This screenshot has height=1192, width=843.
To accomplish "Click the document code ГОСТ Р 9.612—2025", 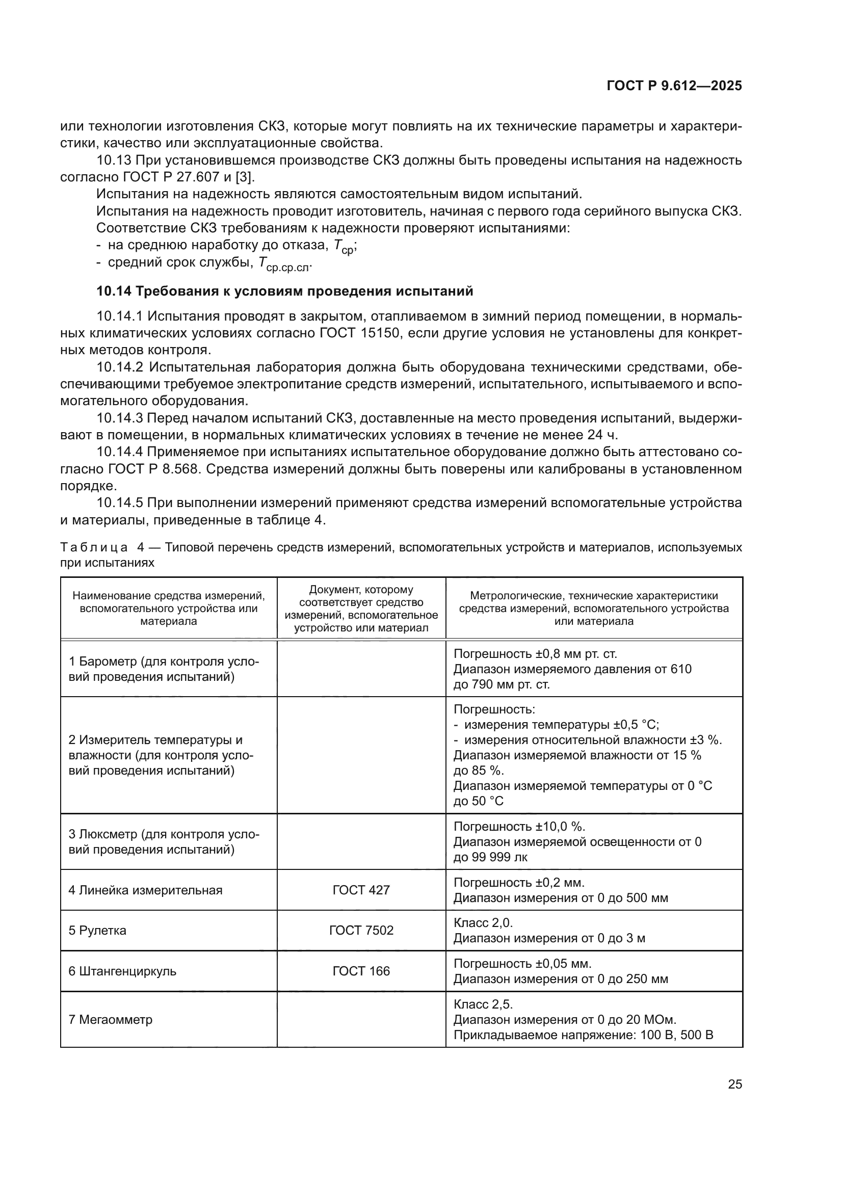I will pyautogui.click(x=674, y=86).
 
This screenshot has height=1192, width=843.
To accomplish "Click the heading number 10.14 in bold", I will pyautogui.click(x=114, y=292).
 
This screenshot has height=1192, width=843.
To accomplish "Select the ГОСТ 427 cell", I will pyautogui.click(x=361, y=890).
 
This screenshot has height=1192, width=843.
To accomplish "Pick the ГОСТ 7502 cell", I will pyautogui.click(x=361, y=930).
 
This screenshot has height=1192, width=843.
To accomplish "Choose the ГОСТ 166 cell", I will pyautogui.click(x=361, y=971).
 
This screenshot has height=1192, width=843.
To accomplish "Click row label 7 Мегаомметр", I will pyautogui.click(x=111, y=1019).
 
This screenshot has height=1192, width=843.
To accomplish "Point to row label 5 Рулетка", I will pyautogui.click(x=97, y=930).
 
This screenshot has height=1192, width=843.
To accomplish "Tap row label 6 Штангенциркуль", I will pyautogui.click(x=122, y=971).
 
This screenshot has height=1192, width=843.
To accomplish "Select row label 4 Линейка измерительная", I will pyautogui.click(x=145, y=890).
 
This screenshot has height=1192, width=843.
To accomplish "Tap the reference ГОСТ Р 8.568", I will pyautogui.click(x=153, y=469).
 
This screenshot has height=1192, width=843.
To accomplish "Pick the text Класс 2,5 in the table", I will pyautogui.click(x=483, y=1004).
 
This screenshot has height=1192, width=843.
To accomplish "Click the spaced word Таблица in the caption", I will pyautogui.click(x=94, y=547).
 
